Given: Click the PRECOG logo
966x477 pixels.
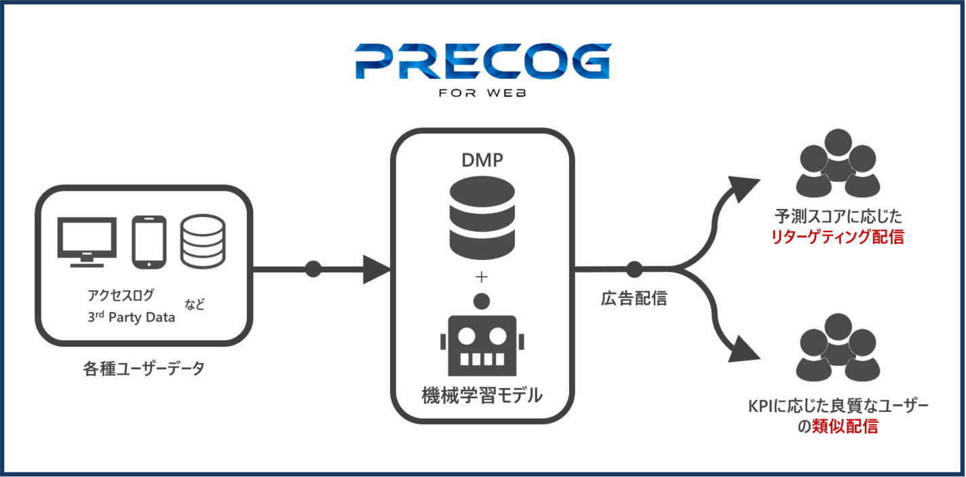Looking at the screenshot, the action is click(x=483, y=61).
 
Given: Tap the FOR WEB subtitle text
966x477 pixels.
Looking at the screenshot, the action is click(x=482, y=93).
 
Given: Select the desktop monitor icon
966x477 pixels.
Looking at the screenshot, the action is click(x=87, y=242).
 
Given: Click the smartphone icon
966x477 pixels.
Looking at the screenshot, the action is click(x=149, y=242).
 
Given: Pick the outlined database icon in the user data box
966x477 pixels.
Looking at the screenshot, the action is click(x=203, y=242).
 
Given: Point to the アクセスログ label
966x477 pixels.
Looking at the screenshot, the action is click(x=120, y=295).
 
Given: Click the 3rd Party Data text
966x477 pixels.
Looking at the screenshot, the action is click(x=131, y=317).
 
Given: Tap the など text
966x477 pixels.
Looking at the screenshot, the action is click(x=195, y=305).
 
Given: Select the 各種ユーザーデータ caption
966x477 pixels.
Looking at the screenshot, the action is click(x=144, y=368).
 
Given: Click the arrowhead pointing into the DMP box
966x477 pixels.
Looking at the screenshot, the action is click(x=376, y=269).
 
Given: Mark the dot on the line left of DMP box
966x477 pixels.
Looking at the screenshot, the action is click(x=313, y=269).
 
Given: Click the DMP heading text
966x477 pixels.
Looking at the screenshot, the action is click(x=482, y=160).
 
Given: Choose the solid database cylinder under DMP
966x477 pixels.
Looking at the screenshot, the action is click(x=482, y=218).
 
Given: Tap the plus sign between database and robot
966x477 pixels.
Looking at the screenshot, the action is click(x=482, y=277).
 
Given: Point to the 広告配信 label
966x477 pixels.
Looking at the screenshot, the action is click(x=634, y=299).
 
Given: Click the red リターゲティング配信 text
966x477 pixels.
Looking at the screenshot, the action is click(x=837, y=237).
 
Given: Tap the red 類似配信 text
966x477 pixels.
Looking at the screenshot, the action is click(x=845, y=427).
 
